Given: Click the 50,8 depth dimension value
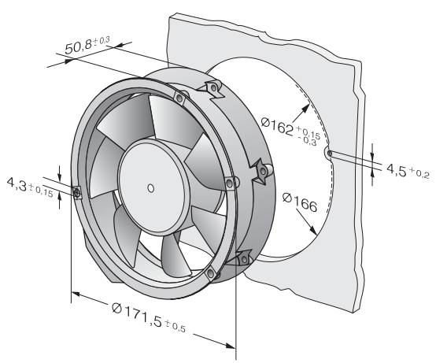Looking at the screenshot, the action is click(x=78, y=47).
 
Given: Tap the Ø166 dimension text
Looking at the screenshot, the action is click(x=300, y=202).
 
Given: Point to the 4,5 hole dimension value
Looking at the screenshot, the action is click(x=396, y=169).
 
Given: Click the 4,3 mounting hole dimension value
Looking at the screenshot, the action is click(x=17, y=184).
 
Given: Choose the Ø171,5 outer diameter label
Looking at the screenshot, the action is click(x=137, y=315).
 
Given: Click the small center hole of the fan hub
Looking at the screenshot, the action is click(x=150, y=188).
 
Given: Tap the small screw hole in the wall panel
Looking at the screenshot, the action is click(x=330, y=154).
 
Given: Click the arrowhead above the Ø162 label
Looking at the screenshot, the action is click(x=305, y=109).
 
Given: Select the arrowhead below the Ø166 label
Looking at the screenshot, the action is click(x=312, y=229).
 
